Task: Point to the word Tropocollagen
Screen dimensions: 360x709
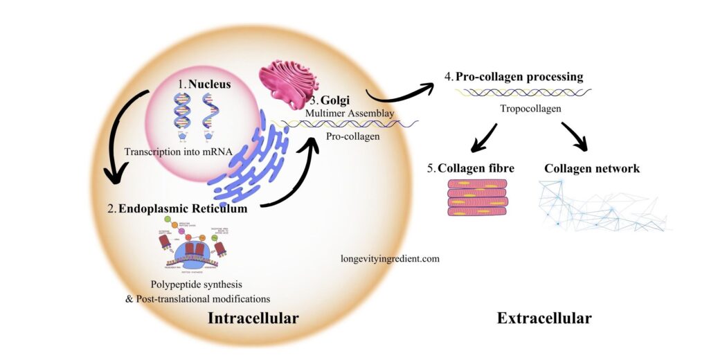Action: [530, 109]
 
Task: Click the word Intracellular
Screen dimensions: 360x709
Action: [253, 318]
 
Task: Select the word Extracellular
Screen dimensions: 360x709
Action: [544, 318]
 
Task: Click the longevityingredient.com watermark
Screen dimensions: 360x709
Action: [390, 258]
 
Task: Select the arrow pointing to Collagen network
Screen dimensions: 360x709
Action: [574, 136]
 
